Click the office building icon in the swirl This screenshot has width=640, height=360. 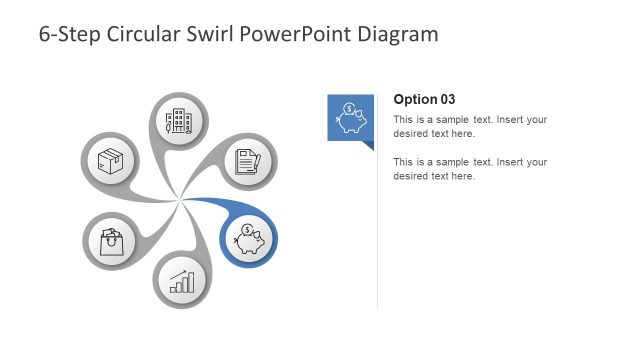click(x=179, y=122)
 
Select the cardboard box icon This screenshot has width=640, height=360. click(x=109, y=160)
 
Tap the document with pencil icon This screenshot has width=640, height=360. click(x=247, y=160)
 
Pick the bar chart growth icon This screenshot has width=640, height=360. click(x=181, y=281)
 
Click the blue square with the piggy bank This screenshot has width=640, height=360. click(x=350, y=117)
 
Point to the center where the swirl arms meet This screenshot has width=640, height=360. click(x=180, y=201)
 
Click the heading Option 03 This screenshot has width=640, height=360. click(x=424, y=99)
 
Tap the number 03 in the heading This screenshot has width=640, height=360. click(x=447, y=99)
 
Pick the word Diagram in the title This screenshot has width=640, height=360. click(x=400, y=34)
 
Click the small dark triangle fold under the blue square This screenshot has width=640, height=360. click(x=368, y=145)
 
